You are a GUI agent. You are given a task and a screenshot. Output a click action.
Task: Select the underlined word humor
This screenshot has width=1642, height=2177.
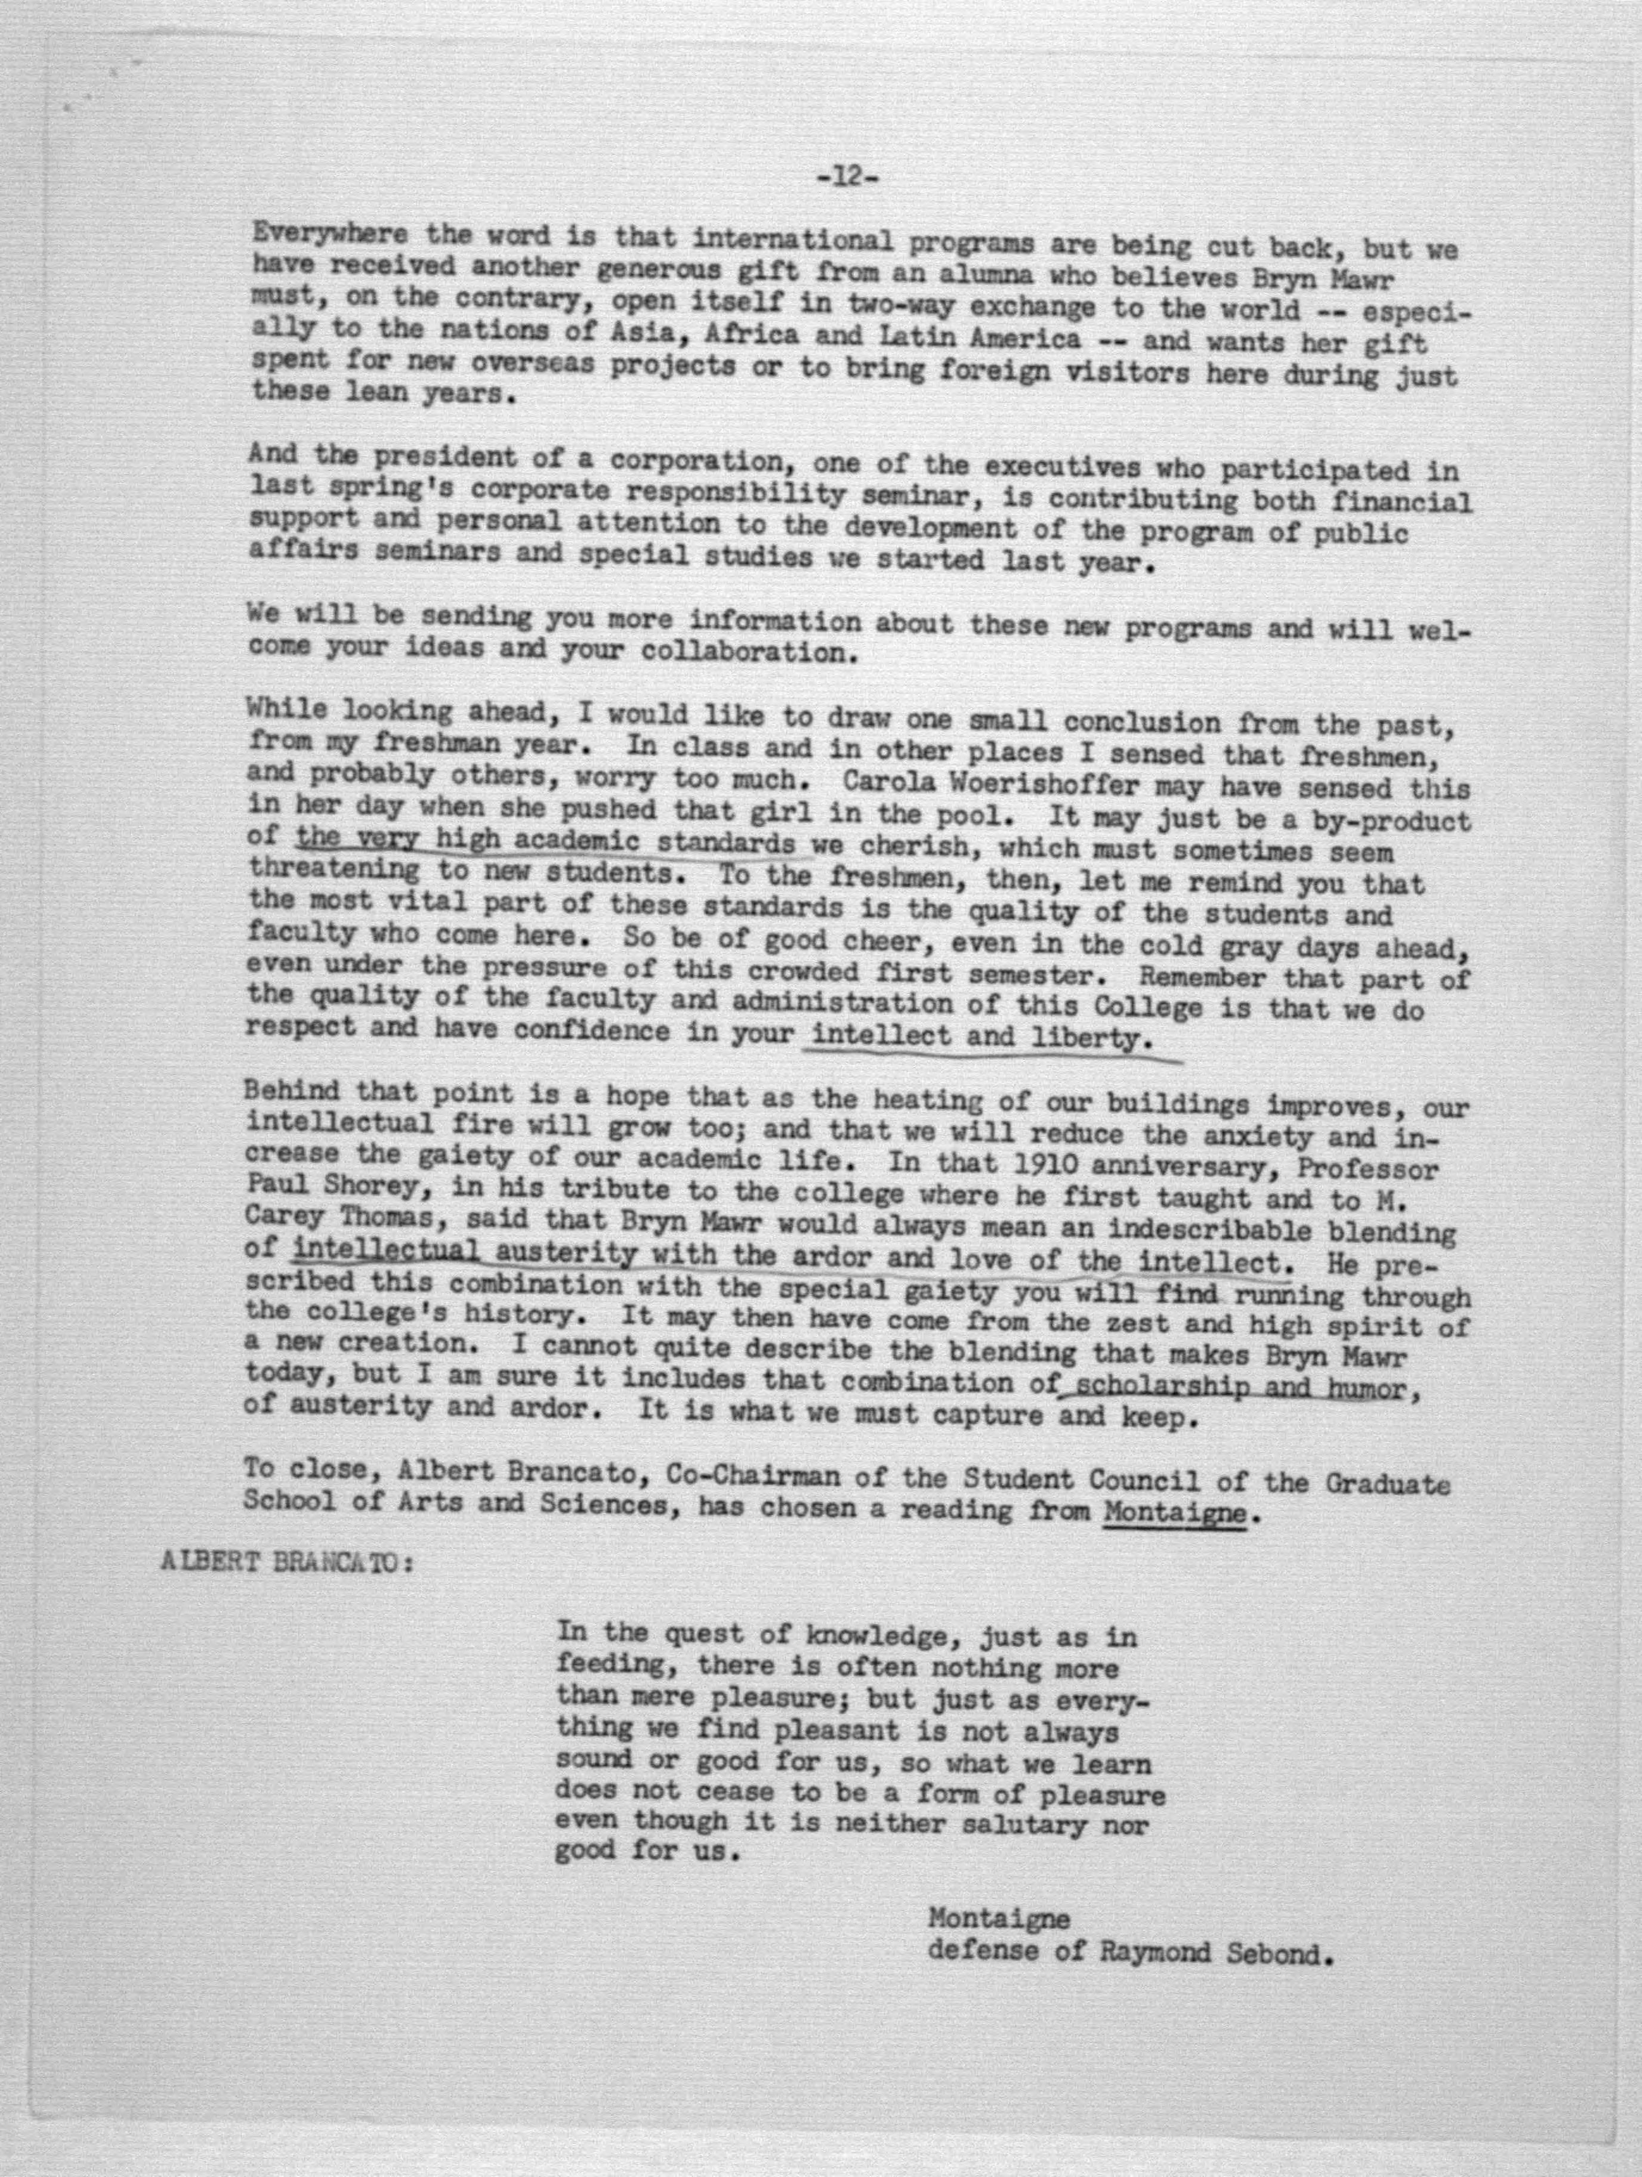tap(1362, 1388)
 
